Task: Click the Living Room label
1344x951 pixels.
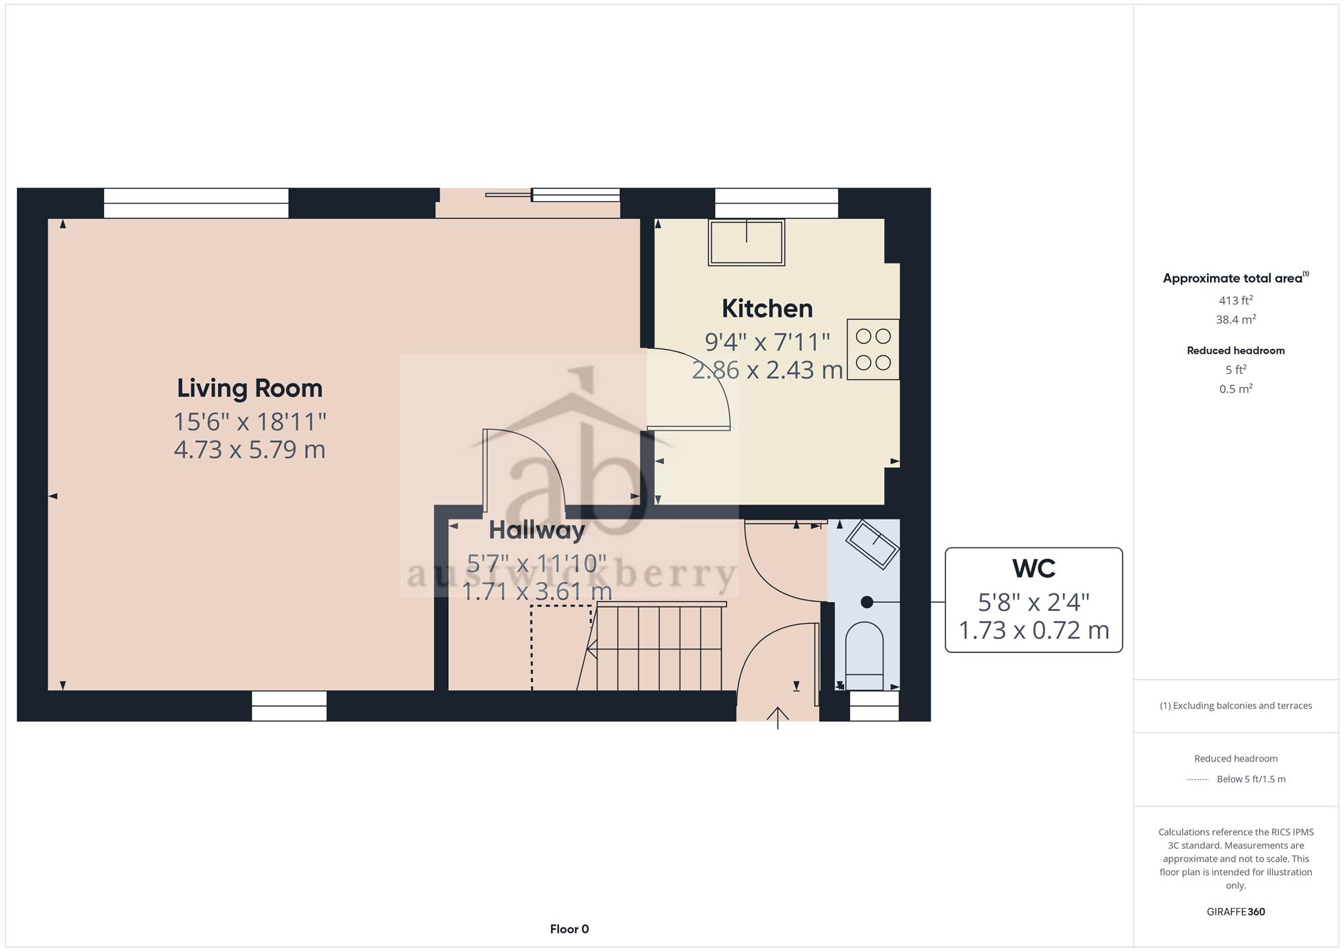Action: [x=249, y=388]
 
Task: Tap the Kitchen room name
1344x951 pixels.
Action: [x=767, y=308]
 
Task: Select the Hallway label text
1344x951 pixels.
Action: [x=537, y=530]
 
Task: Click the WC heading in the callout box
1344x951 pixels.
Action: [x=1034, y=569]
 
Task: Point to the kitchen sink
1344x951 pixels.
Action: [x=747, y=242]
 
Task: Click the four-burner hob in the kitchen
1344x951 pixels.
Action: [x=873, y=349]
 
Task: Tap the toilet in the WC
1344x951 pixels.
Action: [x=864, y=655]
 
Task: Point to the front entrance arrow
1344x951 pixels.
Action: [x=778, y=718]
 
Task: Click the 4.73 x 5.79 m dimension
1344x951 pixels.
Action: [x=249, y=450]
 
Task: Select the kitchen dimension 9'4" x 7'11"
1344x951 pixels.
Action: [x=767, y=342]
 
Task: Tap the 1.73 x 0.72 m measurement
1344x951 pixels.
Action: [x=1034, y=630]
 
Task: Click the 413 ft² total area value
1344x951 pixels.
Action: [x=1236, y=300]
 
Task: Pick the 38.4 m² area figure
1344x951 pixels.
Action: [x=1236, y=319]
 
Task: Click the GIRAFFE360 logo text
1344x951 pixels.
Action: [x=1236, y=912]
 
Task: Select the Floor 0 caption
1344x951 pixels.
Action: [x=569, y=929]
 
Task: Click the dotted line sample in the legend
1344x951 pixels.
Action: [x=1198, y=780]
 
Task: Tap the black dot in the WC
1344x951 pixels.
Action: [x=867, y=602]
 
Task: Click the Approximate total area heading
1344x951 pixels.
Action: [x=1236, y=278]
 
